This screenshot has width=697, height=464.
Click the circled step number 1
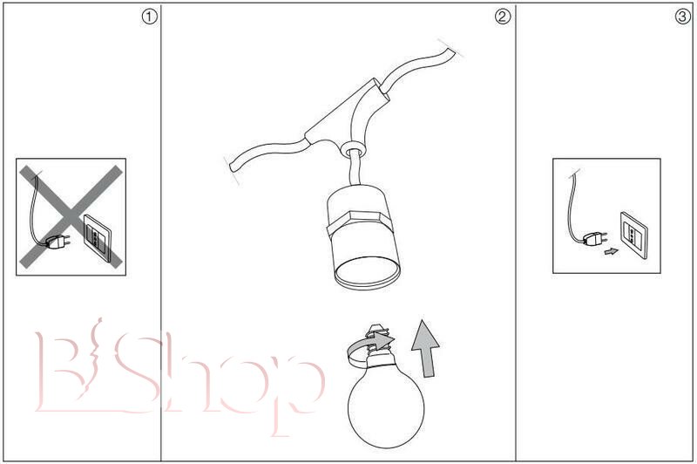point(149,17)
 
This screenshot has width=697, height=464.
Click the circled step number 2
point(503,17)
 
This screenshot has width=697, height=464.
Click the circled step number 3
point(682,17)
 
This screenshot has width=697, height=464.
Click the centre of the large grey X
point(71,216)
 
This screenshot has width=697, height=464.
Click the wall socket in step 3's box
point(634,235)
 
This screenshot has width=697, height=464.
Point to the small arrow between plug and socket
point(612,251)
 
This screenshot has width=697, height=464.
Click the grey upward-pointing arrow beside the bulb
point(425,349)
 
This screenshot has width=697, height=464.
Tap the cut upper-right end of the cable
point(450,48)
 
